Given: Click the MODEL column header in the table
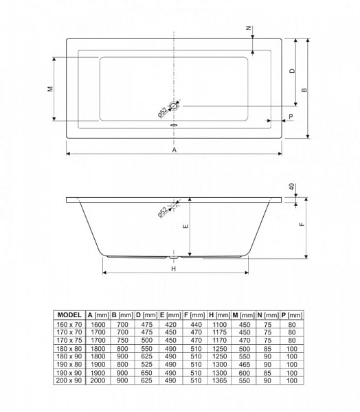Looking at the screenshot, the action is click(69, 314).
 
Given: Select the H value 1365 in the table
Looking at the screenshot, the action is click(220, 380).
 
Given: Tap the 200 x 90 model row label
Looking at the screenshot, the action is click(69, 380).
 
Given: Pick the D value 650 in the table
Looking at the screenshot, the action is click(146, 373).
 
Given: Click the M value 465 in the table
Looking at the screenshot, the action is click(245, 365).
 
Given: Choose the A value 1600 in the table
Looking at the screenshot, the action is click(98, 325).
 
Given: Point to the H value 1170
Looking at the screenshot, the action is click(220, 341).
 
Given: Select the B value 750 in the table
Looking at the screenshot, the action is click(122, 341).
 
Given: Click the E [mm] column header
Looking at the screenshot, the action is click(170, 314).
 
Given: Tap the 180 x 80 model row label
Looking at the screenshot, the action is click(69, 349).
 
